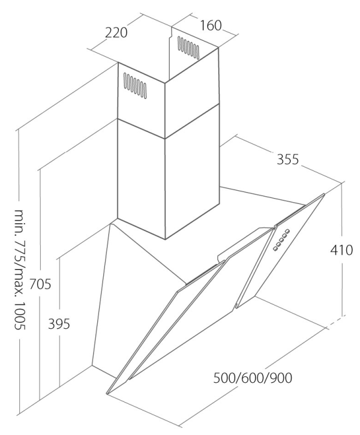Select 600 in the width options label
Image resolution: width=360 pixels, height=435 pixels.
253,379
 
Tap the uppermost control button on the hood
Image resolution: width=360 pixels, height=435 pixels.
288,232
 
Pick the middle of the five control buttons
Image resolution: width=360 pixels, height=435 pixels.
281,239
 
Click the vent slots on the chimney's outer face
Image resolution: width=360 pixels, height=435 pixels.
134,86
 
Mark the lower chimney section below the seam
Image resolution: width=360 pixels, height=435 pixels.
142,180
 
